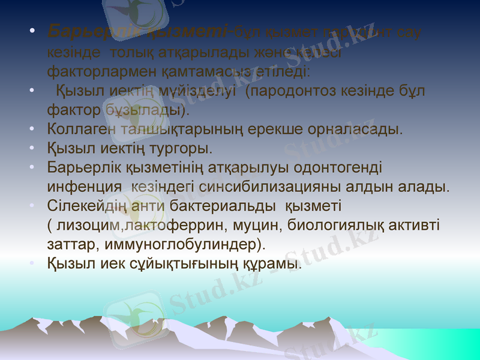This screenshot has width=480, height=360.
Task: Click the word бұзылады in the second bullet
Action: (x=147, y=110)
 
